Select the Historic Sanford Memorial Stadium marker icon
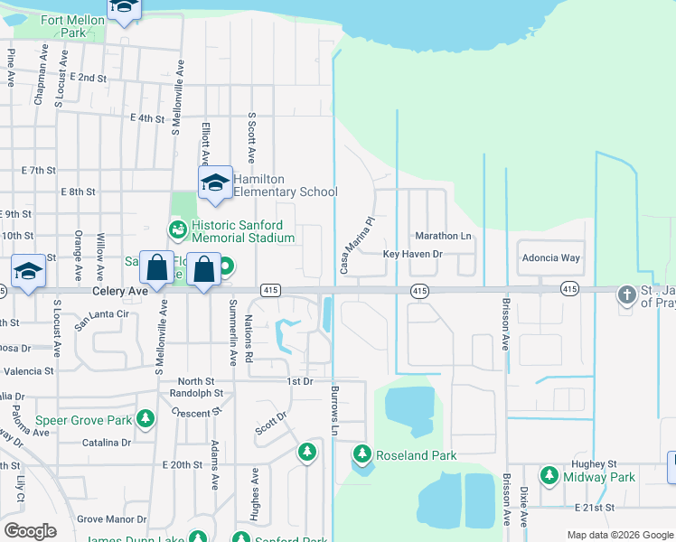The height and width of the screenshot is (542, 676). pos(178,230)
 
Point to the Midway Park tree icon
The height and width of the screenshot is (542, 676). pos(549,475)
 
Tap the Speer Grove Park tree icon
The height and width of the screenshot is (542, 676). pos(145,419)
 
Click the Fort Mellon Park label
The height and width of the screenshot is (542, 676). pos(62,26)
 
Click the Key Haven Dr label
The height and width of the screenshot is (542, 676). pos(412,255)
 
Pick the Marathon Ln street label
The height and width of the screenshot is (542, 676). pos(443,236)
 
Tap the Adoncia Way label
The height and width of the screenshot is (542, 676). pos(550,257)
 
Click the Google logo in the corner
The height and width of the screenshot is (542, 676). pos(31,530)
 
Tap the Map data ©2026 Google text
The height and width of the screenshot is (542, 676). pos(620,535)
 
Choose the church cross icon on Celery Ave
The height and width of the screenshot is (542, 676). pos(627,294)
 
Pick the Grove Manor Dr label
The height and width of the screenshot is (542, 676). pos(111,519)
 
